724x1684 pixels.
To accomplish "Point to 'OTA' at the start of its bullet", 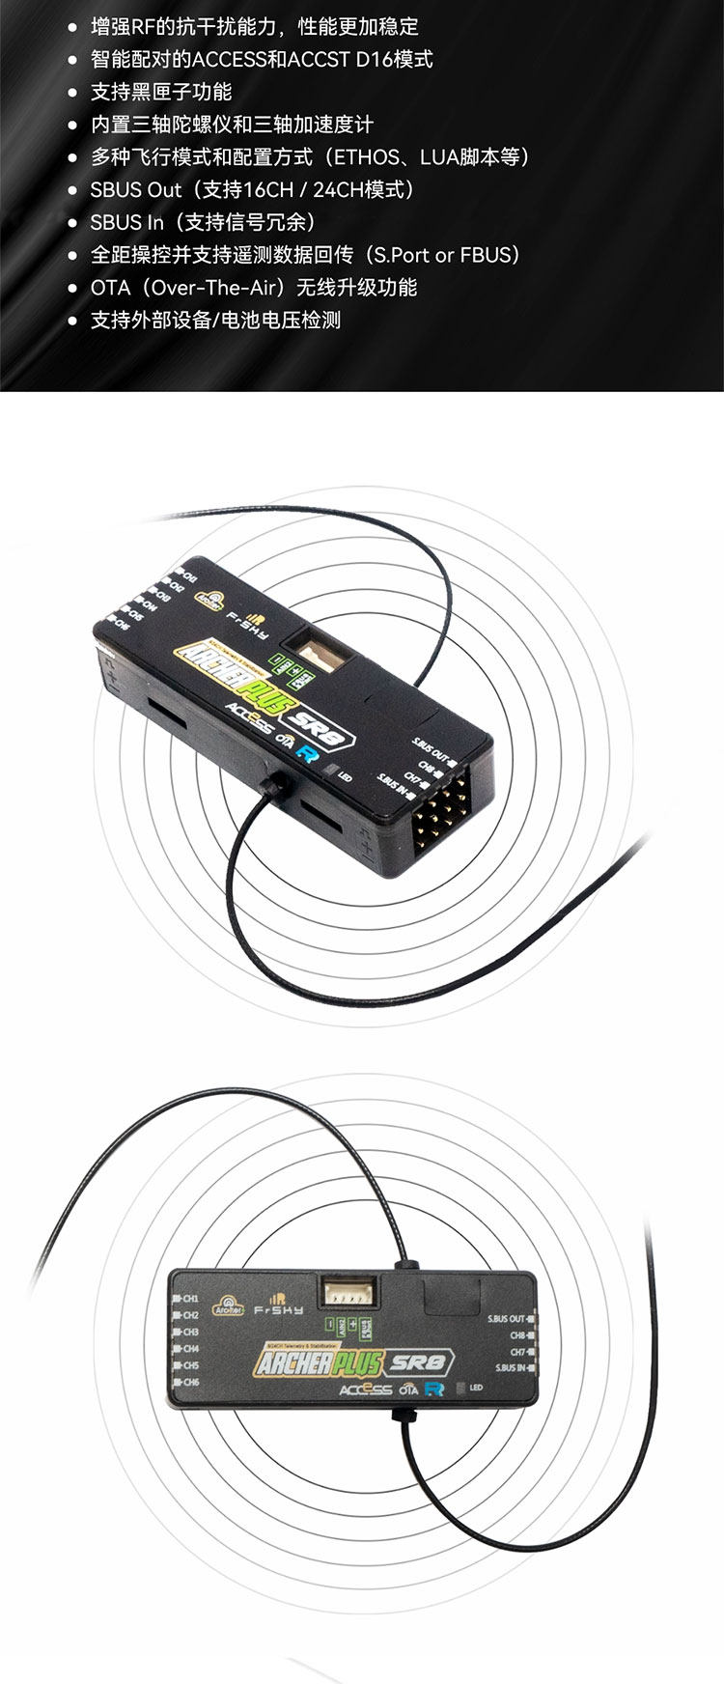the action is [110, 288].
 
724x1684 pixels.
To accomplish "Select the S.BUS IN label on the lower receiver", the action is [511, 1367].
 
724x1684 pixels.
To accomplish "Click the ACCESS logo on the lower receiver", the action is [366, 1389].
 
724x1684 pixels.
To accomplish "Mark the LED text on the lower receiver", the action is [476, 1388].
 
